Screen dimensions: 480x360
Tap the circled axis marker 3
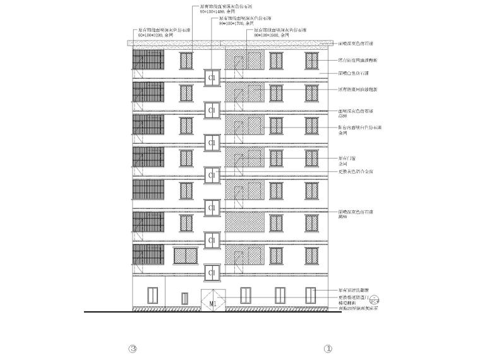pyautogui.click(x=133, y=348)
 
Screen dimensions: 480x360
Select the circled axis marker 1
pyautogui.click(x=327, y=348)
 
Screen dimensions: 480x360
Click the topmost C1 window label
pyautogui.click(x=212, y=77)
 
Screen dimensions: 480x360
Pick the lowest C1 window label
pyautogui.click(x=212, y=273)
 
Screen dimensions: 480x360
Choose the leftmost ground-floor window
pyautogui.click(x=152, y=295)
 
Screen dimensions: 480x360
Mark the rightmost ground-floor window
pyautogui.click(x=311, y=295)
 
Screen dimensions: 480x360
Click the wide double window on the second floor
pyautogui.click(x=186, y=255)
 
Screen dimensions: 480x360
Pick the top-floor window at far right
pyautogui.click(x=311, y=60)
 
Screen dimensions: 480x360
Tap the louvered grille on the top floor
pyautogui.click(x=148, y=61)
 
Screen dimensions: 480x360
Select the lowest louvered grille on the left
pyautogui.click(x=148, y=255)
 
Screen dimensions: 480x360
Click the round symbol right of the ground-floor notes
pyautogui.click(x=374, y=301)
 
